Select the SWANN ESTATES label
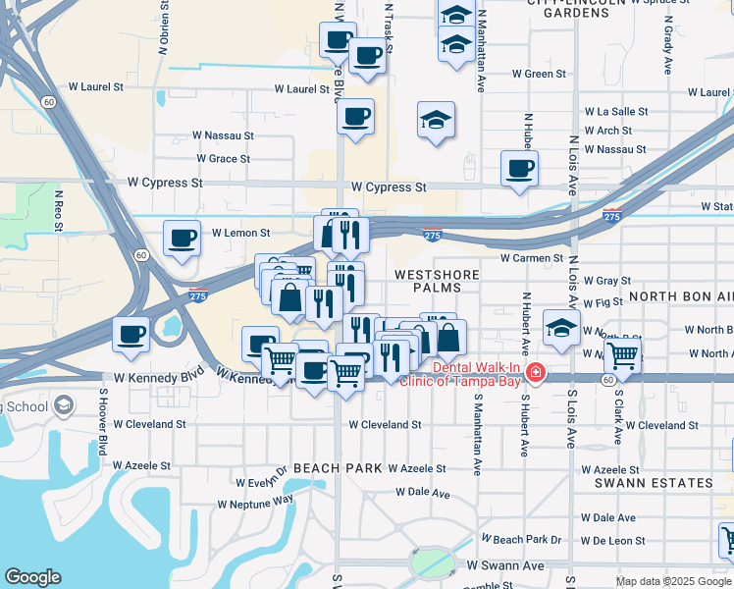click(654, 483)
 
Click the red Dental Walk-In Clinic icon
click(535, 373)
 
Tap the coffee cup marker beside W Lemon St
click(183, 239)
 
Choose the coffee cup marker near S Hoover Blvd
click(131, 335)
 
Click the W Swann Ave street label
click(504, 566)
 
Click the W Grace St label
click(223, 158)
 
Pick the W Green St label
click(540, 74)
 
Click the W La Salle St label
click(615, 112)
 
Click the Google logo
click(33, 577)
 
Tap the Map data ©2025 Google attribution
click(672, 581)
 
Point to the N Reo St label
click(59, 212)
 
